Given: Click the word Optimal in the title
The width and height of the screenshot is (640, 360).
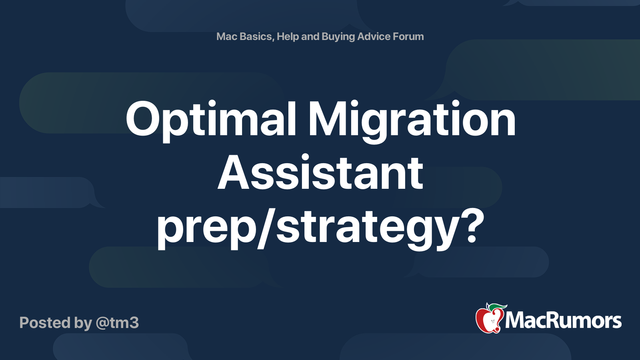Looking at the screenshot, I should (211, 119).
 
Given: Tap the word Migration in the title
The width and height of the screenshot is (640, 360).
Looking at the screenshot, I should (412, 119).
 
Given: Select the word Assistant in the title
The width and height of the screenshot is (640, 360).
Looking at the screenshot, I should (320, 173).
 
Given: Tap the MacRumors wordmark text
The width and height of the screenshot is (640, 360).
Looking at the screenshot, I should (563, 321).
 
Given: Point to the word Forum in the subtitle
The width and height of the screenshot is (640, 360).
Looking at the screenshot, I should (408, 36).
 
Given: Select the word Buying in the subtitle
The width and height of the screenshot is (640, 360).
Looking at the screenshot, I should (338, 36).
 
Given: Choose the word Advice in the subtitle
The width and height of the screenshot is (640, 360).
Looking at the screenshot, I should (374, 36).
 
